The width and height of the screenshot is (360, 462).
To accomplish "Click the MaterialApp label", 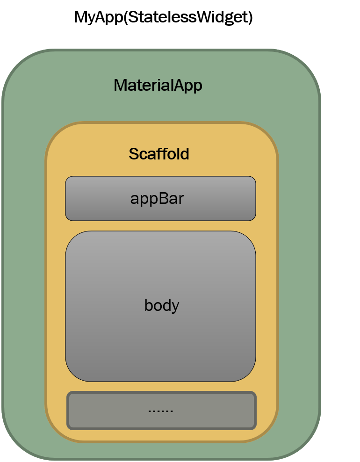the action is pyautogui.click(x=158, y=86).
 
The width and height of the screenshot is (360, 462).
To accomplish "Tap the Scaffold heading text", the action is pyautogui.click(x=159, y=154).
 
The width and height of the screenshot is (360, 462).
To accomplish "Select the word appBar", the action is pyautogui.click(x=157, y=199).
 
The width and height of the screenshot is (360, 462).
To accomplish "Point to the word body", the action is pyautogui.click(x=162, y=305).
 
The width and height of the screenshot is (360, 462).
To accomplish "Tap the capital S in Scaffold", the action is pyautogui.click(x=134, y=154).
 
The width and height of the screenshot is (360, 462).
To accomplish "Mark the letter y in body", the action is pyautogui.click(x=175, y=307).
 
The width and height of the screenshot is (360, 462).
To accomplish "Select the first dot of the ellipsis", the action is pyautogui.click(x=149, y=412).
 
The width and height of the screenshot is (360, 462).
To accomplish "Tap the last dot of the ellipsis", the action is pyautogui.click(x=172, y=412).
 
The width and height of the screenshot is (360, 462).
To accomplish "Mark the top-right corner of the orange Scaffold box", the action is pyautogui.click(x=267, y=134).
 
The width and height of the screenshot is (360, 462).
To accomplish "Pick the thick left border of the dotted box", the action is pyautogui.click(x=69, y=411).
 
